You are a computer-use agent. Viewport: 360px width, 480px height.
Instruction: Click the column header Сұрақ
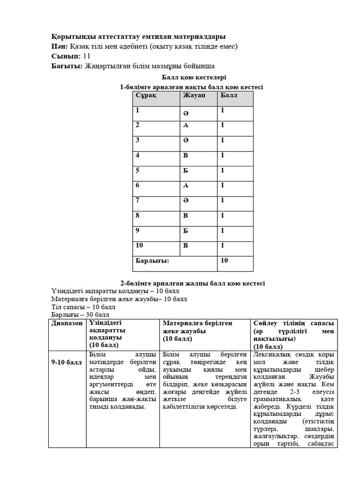click(146, 96)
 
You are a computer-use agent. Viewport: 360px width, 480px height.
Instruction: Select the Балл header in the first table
click(228, 96)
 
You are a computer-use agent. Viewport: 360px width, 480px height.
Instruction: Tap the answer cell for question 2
click(186, 126)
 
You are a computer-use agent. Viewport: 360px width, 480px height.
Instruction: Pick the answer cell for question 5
click(186, 171)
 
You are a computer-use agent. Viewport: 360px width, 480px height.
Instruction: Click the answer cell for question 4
click(186, 156)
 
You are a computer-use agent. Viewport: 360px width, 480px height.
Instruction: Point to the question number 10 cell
click(140, 245)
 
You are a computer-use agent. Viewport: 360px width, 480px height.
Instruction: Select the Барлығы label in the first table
click(152, 261)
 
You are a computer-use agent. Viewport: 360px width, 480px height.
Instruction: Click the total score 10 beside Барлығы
click(225, 261)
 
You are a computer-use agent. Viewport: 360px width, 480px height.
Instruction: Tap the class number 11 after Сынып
click(87, 56)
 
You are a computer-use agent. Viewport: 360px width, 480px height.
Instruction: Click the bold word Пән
click(60, 46)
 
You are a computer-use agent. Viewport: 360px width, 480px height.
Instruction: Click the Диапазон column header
click(67, 323)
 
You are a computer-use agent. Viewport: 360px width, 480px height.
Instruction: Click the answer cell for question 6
click(186, 186)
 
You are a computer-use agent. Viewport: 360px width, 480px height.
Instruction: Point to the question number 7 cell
click(138, 200)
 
